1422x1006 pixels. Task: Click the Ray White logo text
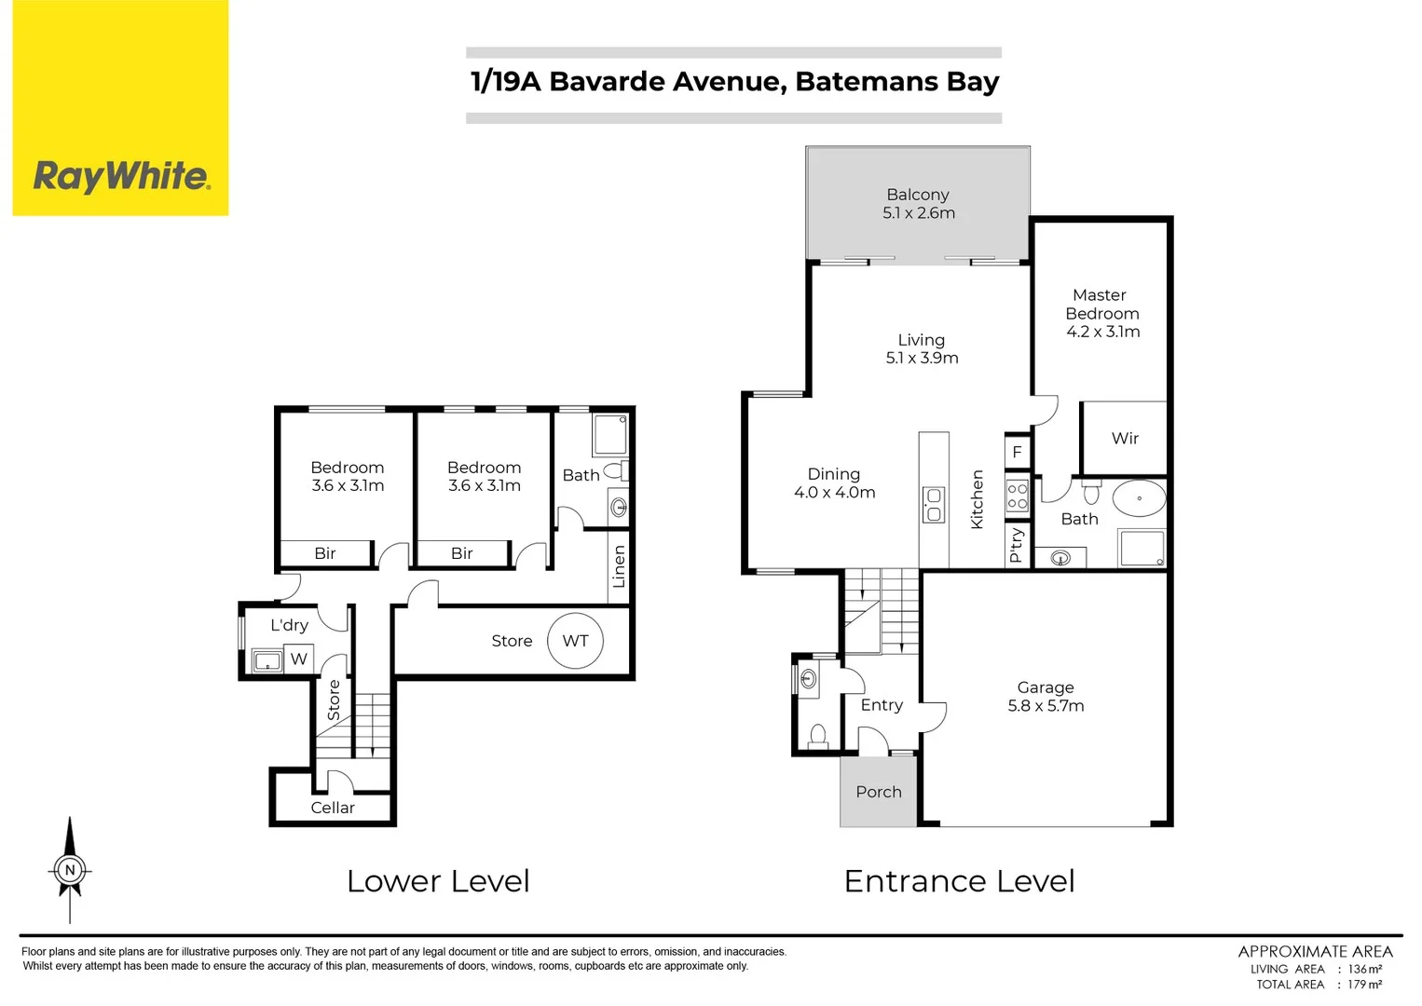point(121,175)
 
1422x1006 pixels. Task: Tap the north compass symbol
point(70,870)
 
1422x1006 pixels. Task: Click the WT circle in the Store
point(575,641)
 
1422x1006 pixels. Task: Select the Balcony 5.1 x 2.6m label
point(918,203)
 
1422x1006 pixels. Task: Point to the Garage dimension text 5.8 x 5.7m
point(1046,706)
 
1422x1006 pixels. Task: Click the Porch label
point(879,792)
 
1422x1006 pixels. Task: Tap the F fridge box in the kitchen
point(1017,452)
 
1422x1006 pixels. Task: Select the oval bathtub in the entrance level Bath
point(1139,498)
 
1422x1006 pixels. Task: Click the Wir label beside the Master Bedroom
point(1125,438)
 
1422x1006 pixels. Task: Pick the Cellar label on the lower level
point(333,808)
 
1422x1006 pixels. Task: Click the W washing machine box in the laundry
point(298,659)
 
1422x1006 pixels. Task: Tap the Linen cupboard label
point(619,565)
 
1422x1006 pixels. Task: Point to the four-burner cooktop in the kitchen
point(1017,496)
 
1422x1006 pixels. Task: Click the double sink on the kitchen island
point(934,505)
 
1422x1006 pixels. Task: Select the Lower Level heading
point(438,881)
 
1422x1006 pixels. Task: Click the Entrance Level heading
point(959,881)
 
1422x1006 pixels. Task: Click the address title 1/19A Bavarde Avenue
point(734,82)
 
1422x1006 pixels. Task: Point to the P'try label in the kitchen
point(1017,545)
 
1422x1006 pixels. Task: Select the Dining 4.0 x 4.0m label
point(834,483)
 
